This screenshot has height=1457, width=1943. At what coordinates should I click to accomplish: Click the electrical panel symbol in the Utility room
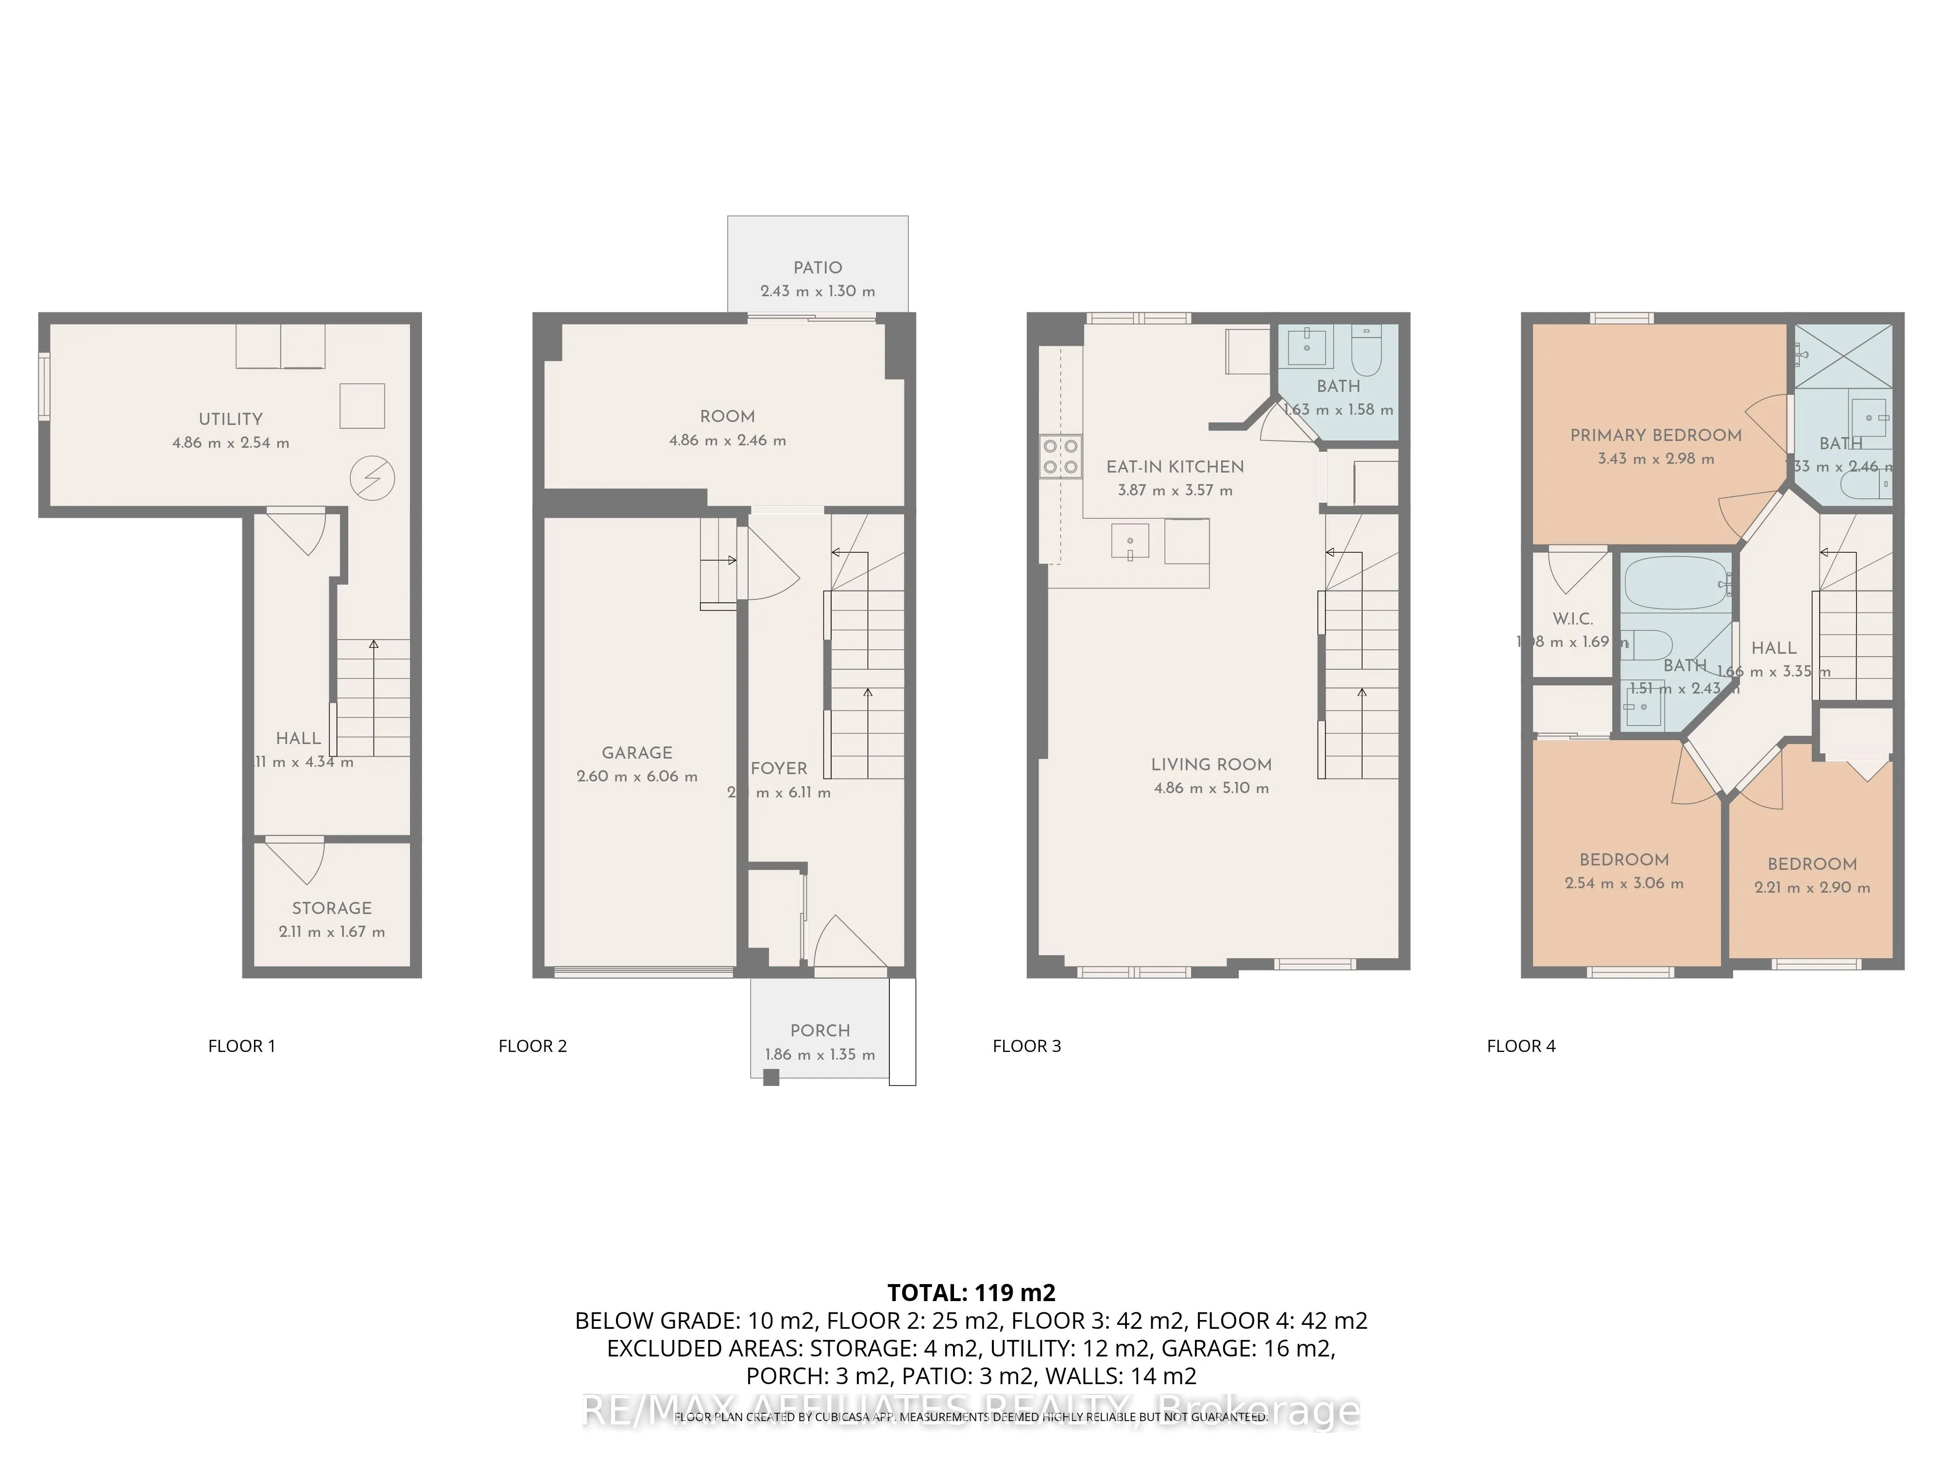coord(373,479)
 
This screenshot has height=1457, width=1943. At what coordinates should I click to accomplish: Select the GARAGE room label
coord(637,753)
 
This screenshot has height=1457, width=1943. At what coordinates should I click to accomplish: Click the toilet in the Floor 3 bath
coord(1367,351)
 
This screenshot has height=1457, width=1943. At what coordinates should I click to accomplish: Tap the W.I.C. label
coord(1572,618)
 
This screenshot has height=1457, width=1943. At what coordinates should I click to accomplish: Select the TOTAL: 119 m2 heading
coord(971,1293)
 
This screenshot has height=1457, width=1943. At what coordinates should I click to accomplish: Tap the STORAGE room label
coord(332,908)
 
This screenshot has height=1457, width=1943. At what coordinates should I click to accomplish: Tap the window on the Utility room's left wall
coord(44,387)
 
